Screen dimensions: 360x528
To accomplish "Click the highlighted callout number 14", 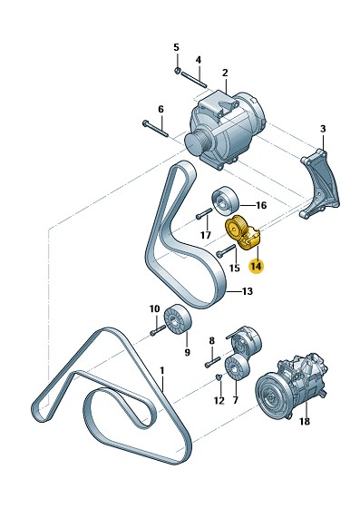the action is (256, 266).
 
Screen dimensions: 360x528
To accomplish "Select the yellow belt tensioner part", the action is (242, 232).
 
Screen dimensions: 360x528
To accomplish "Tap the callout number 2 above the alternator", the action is (225, 73).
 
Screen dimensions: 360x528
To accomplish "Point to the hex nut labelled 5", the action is (178, 70).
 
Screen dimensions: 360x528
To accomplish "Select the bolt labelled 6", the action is (155, 129).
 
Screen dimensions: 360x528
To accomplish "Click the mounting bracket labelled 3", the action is (319, 184).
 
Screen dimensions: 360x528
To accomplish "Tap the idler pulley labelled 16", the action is (225, 200).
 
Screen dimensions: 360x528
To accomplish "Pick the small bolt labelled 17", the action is (203, 213).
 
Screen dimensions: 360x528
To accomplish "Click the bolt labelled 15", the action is (226, 250).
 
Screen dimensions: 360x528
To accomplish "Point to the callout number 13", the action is (248, 291).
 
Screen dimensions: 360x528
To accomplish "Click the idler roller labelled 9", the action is (178, 319).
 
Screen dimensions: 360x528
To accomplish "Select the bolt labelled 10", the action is (158, 329).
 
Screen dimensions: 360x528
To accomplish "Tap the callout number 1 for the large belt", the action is (161, 371).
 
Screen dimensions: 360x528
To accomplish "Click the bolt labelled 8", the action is (212, 362).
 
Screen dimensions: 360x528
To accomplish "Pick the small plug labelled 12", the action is (219, 377).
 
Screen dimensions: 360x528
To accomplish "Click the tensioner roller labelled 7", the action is (238, 367).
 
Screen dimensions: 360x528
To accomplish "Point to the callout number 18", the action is (305, 421).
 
